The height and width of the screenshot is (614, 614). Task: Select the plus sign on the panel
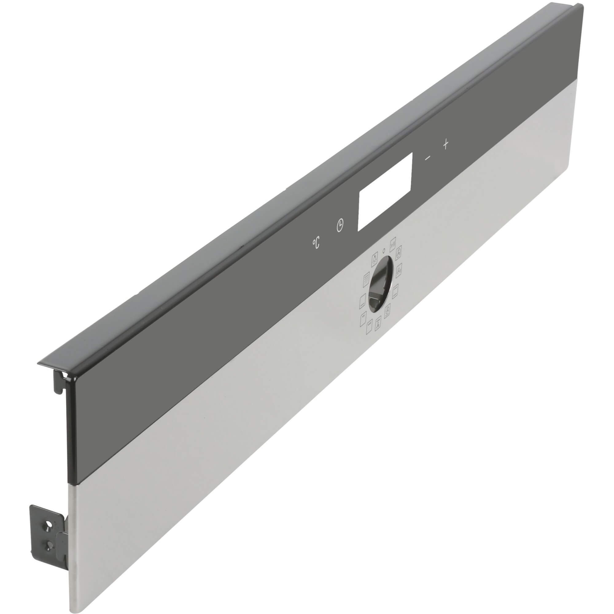(x=445, y=145)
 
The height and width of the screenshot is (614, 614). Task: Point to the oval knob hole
(x=380, y=284)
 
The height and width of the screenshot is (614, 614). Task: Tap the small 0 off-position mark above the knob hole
(x=384, y=250)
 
